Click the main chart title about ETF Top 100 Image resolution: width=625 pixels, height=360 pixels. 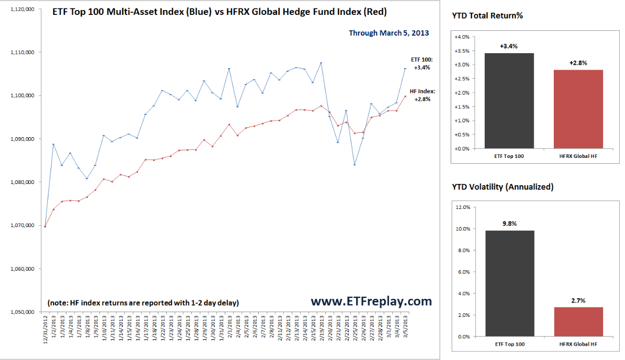(x=219, y=12)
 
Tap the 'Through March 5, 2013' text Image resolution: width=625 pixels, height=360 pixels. (x=388, y=33)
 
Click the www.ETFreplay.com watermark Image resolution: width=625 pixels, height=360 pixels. (x=371, y=301)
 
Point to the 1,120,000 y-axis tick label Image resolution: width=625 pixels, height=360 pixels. (x=22, y=10)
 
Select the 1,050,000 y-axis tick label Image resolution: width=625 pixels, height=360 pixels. (x=22, y=312)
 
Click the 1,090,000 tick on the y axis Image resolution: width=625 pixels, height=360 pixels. (x=22, y=139)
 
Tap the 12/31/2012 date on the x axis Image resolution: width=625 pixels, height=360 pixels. (x=46, y=329)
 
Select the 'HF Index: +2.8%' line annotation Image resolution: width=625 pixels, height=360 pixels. (x=423, y=95)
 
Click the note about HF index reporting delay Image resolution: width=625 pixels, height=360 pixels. (x=143, y=303)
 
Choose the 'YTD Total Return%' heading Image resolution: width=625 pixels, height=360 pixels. (x=487, y=15)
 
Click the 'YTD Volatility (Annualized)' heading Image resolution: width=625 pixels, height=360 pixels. (x=503, y=187)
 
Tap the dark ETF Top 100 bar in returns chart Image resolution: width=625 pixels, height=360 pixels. (x=509, y=101)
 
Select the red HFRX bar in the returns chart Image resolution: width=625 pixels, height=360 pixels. (x=578, y=109)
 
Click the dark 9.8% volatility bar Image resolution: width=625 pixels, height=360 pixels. (x=509, y=283)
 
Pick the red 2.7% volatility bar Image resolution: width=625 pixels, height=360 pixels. (x=578, y=321)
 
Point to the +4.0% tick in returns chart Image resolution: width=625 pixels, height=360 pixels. (x=462, y=37)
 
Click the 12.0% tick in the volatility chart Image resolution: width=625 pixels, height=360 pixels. (x=462, y=207)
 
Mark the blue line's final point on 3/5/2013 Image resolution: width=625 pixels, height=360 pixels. (x=405, y=69)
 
